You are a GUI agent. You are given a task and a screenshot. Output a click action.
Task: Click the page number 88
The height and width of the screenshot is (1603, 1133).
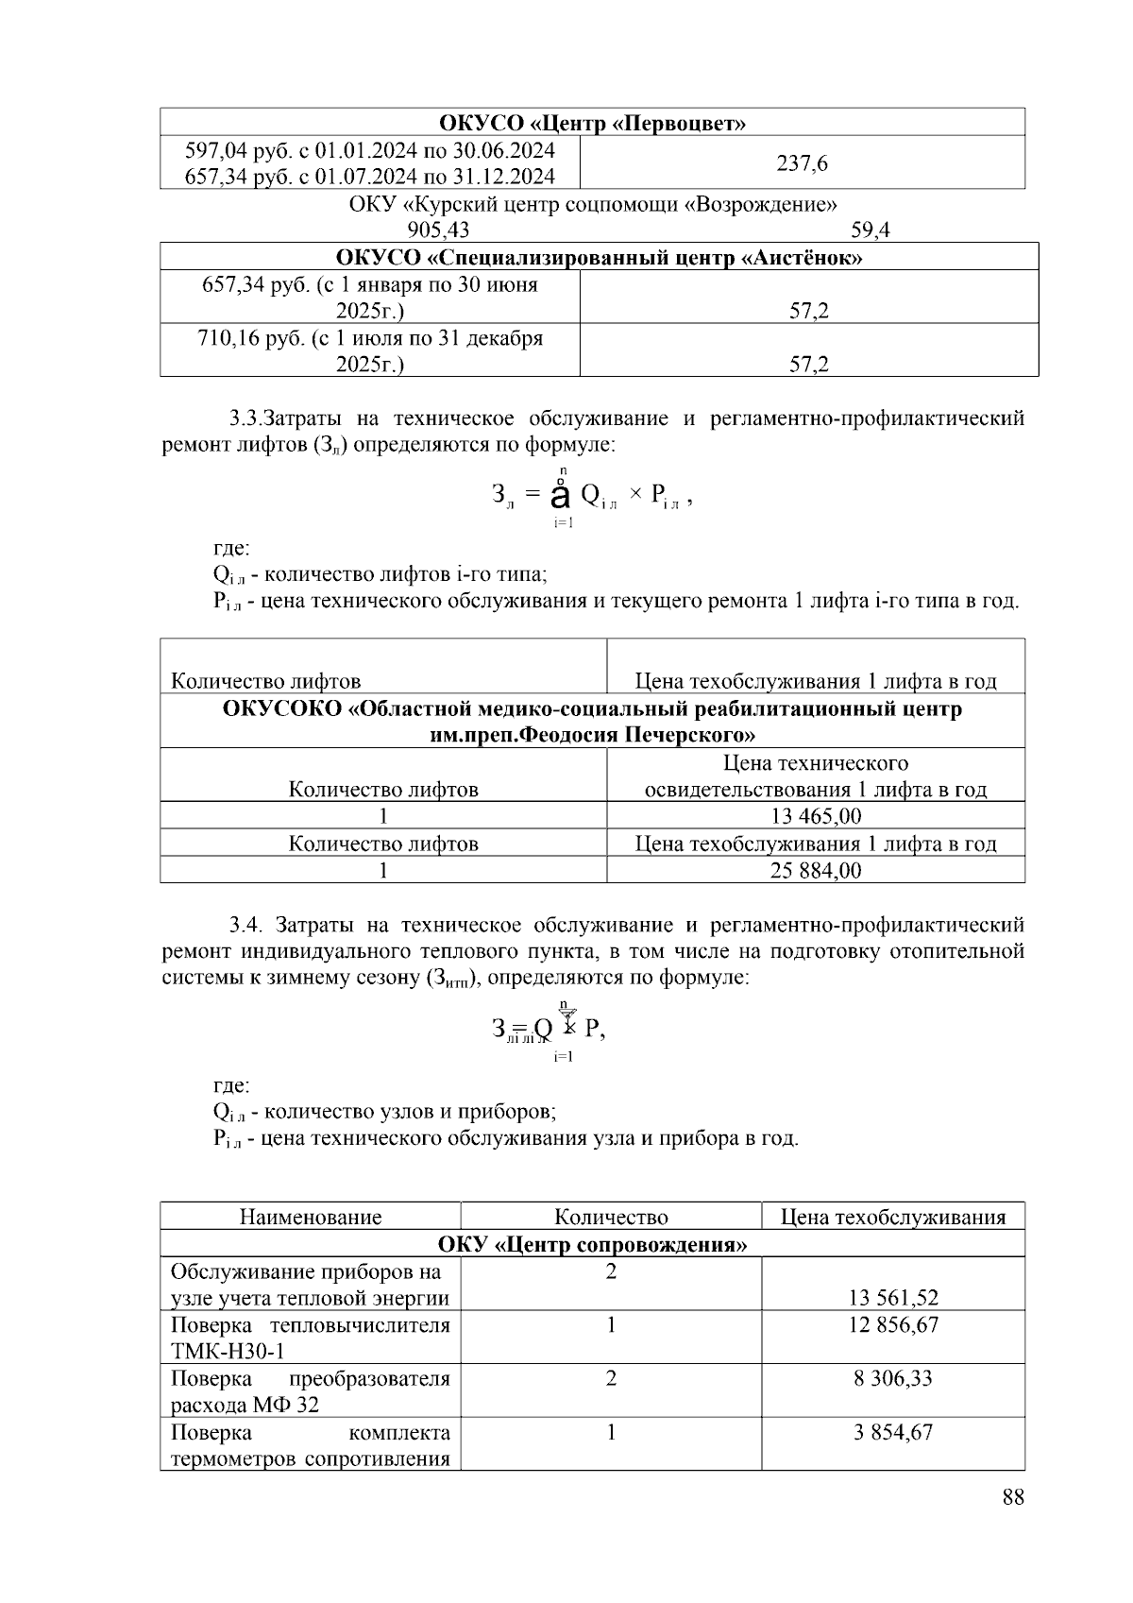click(1013, 1496)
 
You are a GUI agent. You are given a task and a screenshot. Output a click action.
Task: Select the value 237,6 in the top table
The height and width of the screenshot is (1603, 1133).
click(802, 163)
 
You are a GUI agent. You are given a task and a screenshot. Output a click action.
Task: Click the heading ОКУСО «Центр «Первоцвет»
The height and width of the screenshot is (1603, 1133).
click(592, 123)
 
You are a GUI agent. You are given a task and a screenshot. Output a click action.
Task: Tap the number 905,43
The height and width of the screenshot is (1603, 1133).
click(438, 230)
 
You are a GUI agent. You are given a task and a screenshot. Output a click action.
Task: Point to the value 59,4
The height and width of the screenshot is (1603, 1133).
click(870, 230)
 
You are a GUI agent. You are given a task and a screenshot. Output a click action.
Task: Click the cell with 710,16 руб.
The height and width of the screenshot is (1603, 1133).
click(369, 350)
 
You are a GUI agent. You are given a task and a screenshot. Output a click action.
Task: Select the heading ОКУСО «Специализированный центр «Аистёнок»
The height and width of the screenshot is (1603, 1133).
click(599, 257)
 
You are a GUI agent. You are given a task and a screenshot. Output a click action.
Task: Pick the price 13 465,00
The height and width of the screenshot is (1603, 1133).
click(816, 816)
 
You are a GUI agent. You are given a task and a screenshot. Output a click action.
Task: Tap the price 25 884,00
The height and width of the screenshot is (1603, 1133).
click(816, 870)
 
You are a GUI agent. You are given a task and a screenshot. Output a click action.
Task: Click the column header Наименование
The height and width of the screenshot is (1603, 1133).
click(311, 1217)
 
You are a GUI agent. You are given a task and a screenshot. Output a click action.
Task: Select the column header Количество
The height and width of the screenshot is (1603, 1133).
click(611, 1217)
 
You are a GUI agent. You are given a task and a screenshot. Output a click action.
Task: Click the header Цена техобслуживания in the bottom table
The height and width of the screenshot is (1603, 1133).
click(892, 1217)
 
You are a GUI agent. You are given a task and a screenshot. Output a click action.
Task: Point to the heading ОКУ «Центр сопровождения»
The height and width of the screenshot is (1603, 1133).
click(592, 1244)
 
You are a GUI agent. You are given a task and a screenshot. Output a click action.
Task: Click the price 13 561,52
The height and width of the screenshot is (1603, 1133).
click(893, 1298)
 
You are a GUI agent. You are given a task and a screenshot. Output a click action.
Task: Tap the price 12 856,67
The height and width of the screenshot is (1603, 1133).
click(893, 1324)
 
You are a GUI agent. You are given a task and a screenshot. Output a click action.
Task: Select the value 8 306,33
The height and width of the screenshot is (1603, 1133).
click(893, 1378)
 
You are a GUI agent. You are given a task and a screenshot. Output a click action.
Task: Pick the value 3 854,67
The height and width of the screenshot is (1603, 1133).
click(893, 1432)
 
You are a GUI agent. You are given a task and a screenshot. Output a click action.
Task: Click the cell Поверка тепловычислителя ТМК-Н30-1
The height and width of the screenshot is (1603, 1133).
click(311, 1338)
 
